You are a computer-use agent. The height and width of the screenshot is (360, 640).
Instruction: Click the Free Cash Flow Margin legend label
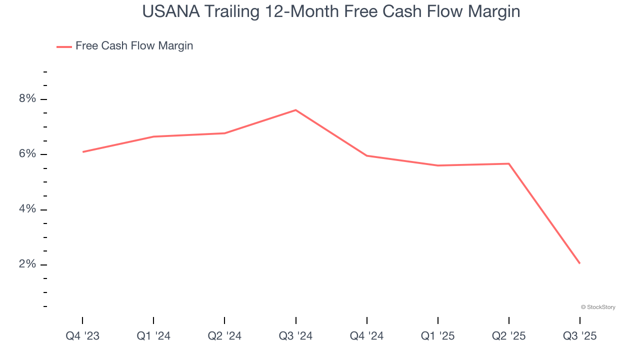pos(134,46)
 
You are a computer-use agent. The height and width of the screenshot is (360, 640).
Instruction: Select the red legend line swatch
pos(64,46)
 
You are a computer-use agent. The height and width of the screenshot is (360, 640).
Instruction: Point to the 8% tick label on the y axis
pos(27,99)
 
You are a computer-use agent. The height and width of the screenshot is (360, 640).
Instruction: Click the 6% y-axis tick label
pos(27,154)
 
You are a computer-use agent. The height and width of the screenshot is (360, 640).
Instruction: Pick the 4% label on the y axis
pos(27,209)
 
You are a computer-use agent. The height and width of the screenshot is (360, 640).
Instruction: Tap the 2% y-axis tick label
pos(27,264)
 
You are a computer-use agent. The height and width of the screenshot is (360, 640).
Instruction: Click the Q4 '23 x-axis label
pos(82,336)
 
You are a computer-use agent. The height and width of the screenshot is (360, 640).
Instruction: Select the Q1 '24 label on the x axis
pos(153,336)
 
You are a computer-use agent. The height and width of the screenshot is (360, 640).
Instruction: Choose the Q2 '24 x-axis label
pos(224,336)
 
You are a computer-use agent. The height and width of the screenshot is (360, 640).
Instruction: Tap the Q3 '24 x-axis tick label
pos(295,336)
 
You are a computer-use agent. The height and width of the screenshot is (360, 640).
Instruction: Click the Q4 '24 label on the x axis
pos(366,336)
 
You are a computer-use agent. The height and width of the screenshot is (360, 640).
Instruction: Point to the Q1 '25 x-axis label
pos(437,336)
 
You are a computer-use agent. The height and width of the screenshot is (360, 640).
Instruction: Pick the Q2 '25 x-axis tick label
pos(508,336)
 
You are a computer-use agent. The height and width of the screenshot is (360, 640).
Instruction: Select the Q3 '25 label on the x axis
pos(579,336)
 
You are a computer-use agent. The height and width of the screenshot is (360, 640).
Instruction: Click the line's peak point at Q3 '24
pos(295,110)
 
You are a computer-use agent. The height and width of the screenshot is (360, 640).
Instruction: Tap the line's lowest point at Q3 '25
pos(579,263)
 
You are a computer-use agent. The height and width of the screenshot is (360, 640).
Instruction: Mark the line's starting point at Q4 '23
pos(83,151)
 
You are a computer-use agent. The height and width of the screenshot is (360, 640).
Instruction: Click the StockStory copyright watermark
pos(598,307)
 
